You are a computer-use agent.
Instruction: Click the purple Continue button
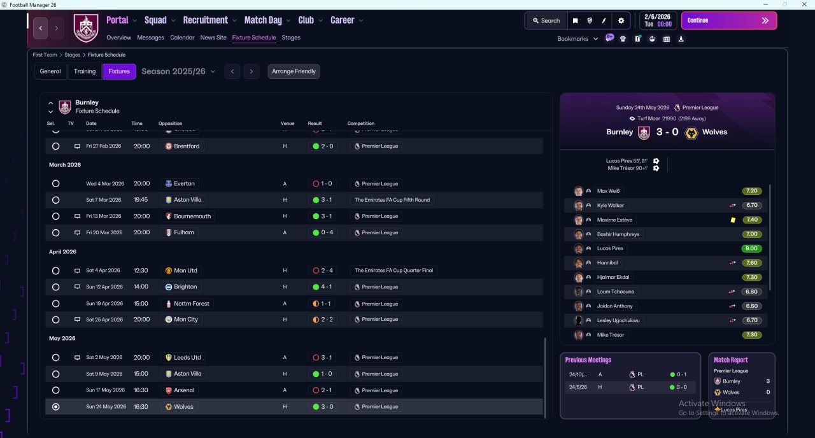click(x=728, y=20)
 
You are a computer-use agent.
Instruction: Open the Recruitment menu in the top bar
click(x=209, y=20)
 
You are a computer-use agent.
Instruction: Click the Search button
click(x=546, y=20)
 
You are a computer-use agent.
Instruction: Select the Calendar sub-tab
click(x=182, y=38)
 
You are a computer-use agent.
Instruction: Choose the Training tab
click(x=85, y=71)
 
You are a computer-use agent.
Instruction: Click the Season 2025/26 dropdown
click(x=178, y=71)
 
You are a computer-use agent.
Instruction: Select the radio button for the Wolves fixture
click(x=56, y=407)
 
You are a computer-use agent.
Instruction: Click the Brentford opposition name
click(x=187, y=146)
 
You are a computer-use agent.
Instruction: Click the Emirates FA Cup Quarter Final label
click(x=393, y=271)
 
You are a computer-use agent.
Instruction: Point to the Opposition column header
click(x=170, y=124)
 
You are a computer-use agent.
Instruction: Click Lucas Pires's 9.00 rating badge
click(x=752, y=248)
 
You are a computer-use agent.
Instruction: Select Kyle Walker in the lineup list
click(x=611, y=206)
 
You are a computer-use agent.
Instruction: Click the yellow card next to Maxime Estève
click(x=733, y=220)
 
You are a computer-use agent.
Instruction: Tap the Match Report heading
click(x=730, y=360)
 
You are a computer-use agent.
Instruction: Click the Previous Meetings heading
click(x=588, y=360)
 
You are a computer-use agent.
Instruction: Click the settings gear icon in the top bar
click(x=621, y=20)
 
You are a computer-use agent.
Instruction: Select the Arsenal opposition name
click(x=184, y=390)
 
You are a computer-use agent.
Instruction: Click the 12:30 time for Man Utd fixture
click(x=141, y=271)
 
